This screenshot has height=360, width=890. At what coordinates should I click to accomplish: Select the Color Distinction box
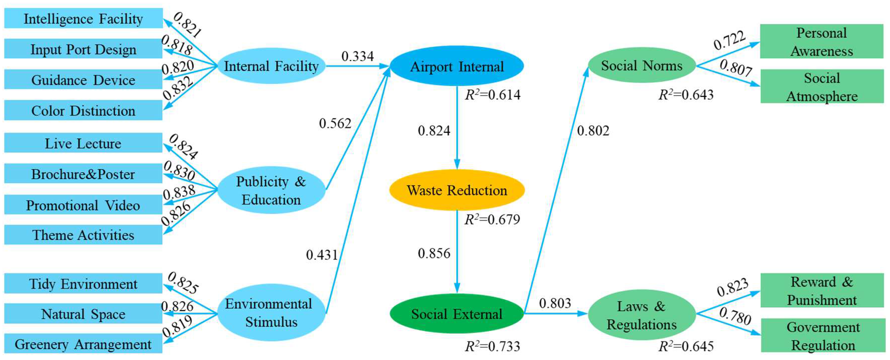[83, 111]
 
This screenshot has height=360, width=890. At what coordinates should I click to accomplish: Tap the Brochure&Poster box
[83, 174]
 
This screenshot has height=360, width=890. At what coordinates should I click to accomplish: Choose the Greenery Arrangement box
[83, 344]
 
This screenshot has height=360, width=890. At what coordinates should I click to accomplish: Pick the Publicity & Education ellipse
[271, 190]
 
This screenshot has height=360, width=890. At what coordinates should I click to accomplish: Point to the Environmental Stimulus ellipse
[271, 313]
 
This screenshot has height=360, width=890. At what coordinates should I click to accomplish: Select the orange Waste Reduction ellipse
[457, 190]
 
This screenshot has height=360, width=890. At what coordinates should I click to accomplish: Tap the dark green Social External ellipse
[457, 314]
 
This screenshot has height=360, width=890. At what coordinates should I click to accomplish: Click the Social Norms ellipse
[642, 65]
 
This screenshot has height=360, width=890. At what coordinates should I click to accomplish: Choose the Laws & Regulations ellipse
[642, 315]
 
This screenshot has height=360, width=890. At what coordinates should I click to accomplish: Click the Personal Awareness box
[822, 41]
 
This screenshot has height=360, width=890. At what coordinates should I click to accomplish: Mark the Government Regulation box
[823, 336]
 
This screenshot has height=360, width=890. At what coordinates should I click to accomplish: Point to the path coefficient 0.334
[358, 56]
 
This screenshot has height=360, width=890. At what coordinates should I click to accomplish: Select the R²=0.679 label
[492, 219]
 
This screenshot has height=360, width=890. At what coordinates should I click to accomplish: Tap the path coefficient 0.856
[434, 253]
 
